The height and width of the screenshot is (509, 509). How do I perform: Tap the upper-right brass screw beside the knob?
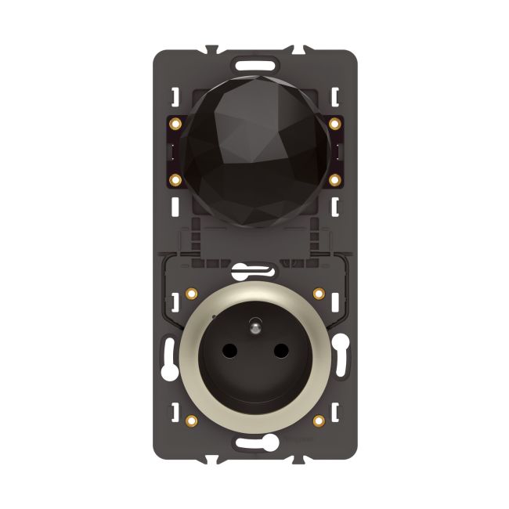tap(335, 124)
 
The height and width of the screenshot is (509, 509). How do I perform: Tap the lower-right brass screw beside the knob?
tap(335, 180)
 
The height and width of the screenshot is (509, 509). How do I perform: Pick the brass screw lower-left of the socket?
tap(191, 421)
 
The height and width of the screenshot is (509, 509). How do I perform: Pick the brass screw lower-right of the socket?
tap(319, 421)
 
